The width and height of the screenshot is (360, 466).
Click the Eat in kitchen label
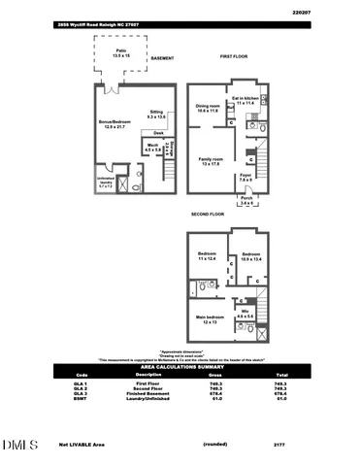[x=245, y=99]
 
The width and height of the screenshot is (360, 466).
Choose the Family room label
[x=211, y=161]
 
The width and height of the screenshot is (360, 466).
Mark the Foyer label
[x=246, y=179]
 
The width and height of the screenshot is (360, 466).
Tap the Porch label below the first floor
[x=246, y=203]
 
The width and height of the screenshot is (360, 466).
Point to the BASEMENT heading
[x=162, y=58]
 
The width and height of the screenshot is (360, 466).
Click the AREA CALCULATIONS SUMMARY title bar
[x=180, y=367]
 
